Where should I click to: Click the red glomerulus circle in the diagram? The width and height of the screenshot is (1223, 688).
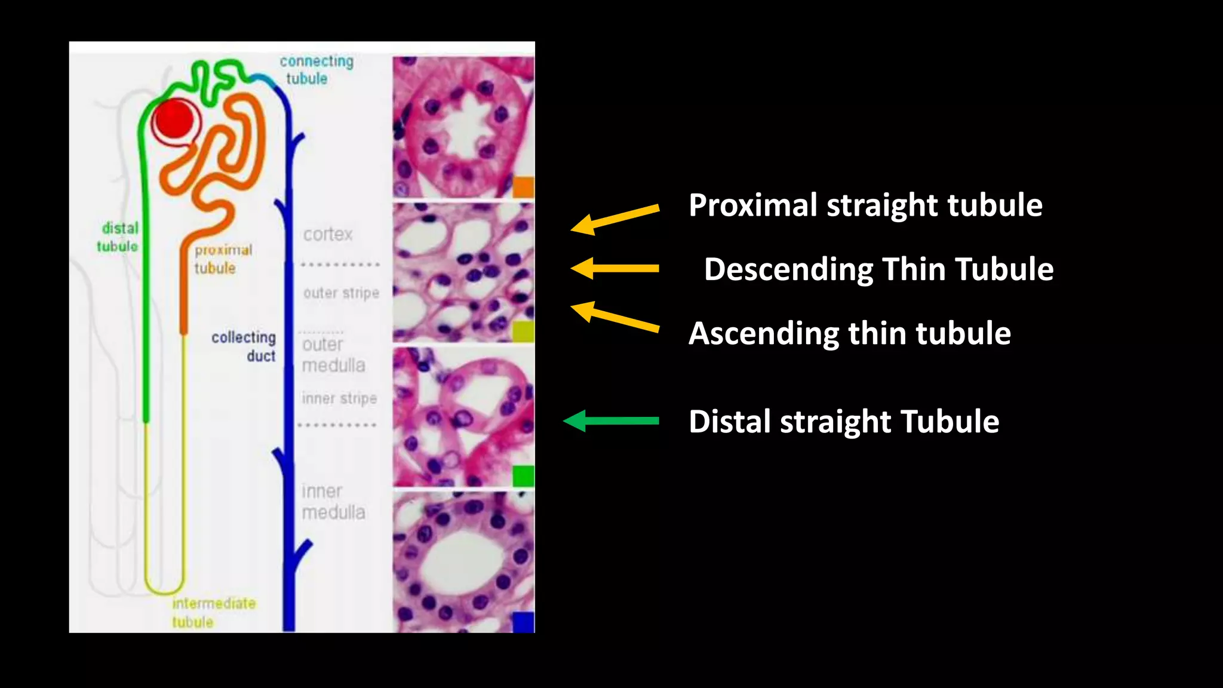[173, 119]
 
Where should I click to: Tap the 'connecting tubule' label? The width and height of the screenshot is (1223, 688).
[316, 70]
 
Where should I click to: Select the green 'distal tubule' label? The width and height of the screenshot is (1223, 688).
[118, 237]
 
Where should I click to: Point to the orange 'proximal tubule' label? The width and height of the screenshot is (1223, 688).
[223, 259]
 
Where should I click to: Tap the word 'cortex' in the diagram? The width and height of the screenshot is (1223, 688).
[328, 234]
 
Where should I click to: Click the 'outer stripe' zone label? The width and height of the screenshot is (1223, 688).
[341, 293]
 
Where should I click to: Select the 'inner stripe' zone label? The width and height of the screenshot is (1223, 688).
[339, 398]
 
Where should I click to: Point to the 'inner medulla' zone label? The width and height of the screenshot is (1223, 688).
[333, 502]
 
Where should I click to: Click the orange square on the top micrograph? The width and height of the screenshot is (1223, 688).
[523, 187]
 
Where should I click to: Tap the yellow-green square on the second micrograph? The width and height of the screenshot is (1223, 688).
[523, 331]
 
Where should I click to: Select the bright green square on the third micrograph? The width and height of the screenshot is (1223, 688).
[523, 476]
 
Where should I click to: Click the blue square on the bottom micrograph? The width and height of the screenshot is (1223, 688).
[523, 622]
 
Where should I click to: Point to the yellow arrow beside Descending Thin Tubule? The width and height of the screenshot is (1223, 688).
[614, 268]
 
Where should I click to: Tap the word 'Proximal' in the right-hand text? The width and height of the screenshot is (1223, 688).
[753, 205]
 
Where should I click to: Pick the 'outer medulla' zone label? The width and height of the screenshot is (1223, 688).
[333, 355]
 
